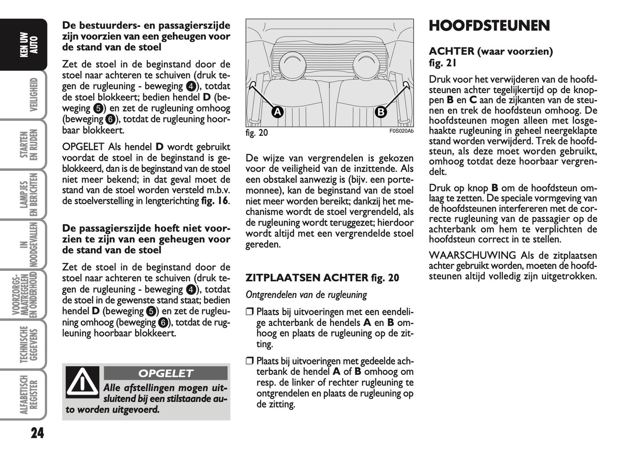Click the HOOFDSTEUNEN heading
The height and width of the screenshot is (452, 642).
tap(489, 26)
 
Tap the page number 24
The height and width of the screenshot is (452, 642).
tap(37, 433)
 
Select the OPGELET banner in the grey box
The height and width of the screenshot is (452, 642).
tap(165, 373)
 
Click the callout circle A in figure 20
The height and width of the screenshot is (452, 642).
tap(277, 112)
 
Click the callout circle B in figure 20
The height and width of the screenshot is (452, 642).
tap(381, 112)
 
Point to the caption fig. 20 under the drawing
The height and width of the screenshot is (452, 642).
tap(257, 133)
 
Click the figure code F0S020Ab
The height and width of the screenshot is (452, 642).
tap(401, 131)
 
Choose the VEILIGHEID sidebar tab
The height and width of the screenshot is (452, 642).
tap(33, 95)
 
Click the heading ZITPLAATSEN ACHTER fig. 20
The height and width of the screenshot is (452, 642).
tap(322, 278)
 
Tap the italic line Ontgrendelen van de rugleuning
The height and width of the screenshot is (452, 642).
tap(306, 295)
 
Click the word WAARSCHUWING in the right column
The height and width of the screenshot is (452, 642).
tap(472, 255)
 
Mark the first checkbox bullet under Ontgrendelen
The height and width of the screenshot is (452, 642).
tap(249, 312)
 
